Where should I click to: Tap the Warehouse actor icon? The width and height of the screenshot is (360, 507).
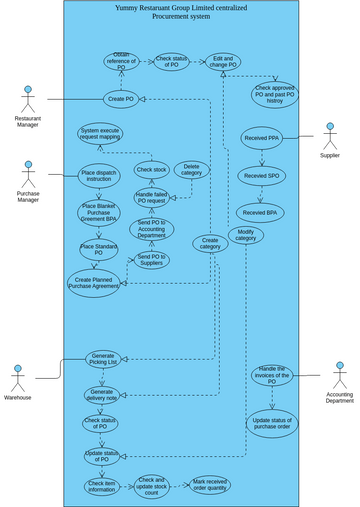17,378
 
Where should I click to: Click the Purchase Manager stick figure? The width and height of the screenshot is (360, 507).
28,175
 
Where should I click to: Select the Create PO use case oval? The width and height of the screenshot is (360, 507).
121,99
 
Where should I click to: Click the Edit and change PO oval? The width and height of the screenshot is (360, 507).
223,62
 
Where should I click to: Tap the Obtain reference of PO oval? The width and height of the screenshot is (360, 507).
121,61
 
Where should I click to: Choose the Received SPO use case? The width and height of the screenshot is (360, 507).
261,176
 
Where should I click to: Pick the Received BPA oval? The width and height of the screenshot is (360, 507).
260,213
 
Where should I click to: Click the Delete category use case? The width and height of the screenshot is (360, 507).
191,169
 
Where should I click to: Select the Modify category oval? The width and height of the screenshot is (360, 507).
245,235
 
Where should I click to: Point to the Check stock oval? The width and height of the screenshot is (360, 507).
151,170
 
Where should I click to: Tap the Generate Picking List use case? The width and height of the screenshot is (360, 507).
103,359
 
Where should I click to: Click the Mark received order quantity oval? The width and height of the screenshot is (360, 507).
210,485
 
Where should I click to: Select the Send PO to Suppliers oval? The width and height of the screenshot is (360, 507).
151,260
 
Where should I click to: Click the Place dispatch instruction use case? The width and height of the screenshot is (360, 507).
99,176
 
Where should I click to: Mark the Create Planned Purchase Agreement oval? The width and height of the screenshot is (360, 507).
94,283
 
